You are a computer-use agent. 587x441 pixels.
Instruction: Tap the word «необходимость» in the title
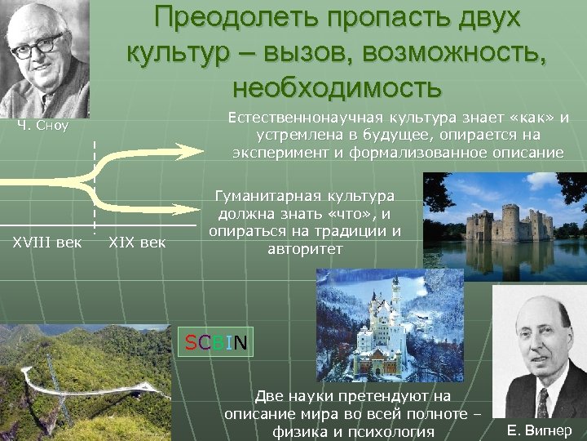pyautogui.click(x=337, y=85)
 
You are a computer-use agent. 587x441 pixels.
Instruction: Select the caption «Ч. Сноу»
pyautogui.click(x=43, y=126)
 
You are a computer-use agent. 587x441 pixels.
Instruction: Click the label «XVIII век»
pyautogui.click(x=46, y=241)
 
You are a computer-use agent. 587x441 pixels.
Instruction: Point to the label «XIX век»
pyautogui.click(x=136, y=241)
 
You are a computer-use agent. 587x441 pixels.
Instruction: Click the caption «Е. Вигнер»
pyautogui.click(x=539, y=430)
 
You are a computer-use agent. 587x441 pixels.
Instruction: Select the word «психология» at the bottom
pyautogui.click(x=396, y=430)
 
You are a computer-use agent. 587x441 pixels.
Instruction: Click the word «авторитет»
pyautogui.click(x=305, y=248)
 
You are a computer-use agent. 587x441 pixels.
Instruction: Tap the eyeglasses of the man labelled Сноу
pyautogui.click(x=39, y=46)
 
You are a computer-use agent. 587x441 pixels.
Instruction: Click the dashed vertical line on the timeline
pyautogui.click(x=94, y=188)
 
